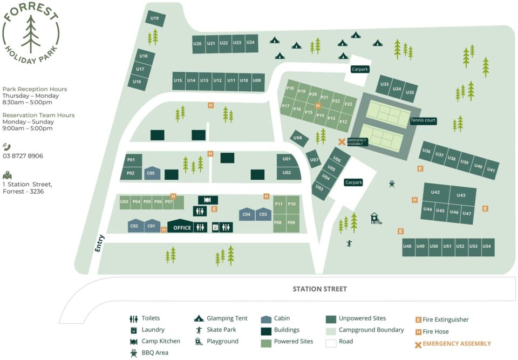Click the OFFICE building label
182,228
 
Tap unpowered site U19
155,18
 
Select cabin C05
152,173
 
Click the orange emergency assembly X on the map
342,142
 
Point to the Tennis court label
423,120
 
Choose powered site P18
290,88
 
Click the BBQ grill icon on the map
392,184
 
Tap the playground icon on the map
376,219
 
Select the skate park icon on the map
349,243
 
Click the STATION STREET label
320,289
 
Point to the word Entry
99,243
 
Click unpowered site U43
461,196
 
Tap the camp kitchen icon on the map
207,200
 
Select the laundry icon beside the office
215,227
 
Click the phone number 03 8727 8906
23,155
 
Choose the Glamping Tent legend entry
221,318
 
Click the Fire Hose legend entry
432,331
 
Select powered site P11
279,204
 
